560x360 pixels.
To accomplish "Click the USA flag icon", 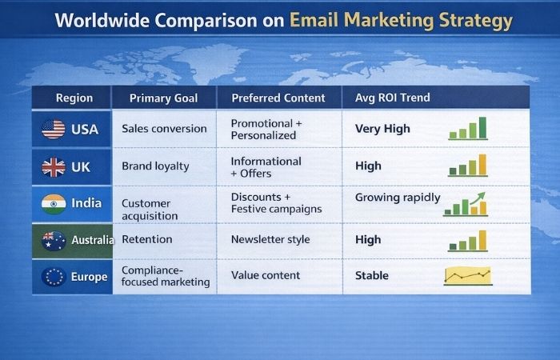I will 54,129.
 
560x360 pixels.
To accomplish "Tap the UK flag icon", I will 54,166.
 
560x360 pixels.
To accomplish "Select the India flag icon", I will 54,203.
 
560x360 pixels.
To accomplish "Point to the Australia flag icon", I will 54,240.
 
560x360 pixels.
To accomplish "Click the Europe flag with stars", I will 54,277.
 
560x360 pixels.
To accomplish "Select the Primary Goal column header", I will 163,98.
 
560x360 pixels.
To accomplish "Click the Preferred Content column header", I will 278,98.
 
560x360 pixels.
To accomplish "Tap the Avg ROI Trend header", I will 392,98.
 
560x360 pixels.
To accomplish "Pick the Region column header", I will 74,98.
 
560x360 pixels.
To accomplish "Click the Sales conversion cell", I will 164,129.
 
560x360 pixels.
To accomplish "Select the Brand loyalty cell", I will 155,166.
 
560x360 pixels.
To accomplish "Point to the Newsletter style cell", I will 270,239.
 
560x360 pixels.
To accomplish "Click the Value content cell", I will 266,275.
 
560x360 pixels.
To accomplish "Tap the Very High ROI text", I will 382,129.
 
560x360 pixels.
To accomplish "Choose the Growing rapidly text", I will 398,198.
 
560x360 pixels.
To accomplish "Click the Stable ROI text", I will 372,276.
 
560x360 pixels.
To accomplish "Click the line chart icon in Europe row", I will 468,276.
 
